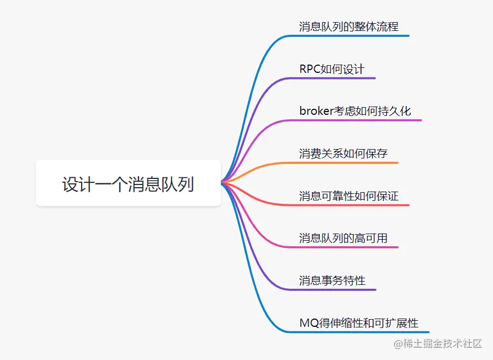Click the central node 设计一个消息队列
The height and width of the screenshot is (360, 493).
[x=128, y=184]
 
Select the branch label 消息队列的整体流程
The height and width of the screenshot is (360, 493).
[x=348, y=27]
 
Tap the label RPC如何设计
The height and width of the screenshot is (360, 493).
[x=332, y=69]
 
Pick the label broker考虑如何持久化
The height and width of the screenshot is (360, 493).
[x=355, y=111]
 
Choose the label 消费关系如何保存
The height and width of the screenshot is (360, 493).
[x=343, y=153]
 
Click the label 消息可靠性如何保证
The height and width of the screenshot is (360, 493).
[x=348, y=196]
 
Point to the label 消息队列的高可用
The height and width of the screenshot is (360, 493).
[x=343, y=238]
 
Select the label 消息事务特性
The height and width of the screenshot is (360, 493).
[x=332, y=280]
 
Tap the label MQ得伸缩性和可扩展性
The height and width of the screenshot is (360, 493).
[x=359, y=323]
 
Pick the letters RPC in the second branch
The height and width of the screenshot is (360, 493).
[x=310, y=69]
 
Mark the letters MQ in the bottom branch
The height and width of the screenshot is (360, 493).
[x=306, y=323]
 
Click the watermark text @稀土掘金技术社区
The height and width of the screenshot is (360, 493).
[x=438, y=343]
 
